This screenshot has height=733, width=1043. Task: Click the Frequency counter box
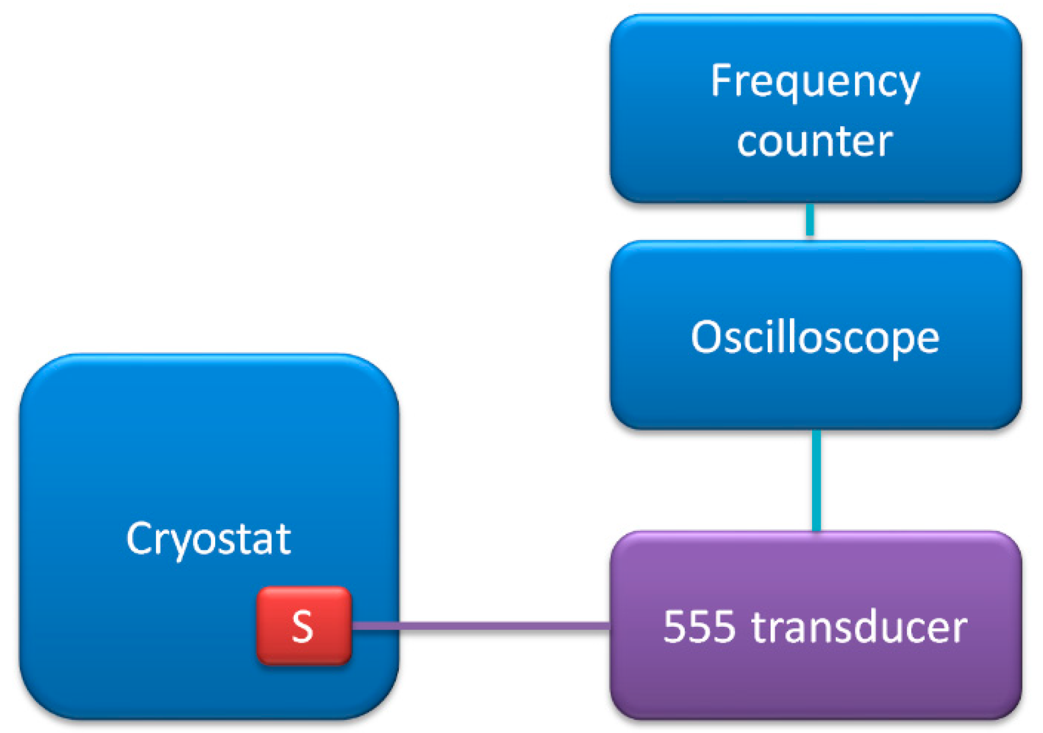[815, 108]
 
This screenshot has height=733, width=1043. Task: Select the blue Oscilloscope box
[815, 335]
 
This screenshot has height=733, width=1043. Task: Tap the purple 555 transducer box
[815, 625]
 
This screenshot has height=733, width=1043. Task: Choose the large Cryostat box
[209, 536]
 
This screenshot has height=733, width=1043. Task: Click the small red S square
[304, 626]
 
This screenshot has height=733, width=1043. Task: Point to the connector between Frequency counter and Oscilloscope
[810, 220]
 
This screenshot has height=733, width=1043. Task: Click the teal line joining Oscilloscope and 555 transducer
[816, 481]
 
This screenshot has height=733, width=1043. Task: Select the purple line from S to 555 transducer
[481, 626]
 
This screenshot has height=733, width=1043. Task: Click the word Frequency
[815, 82]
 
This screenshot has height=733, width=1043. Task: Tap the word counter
[815, 142]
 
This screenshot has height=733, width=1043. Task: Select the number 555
[699, 627]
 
